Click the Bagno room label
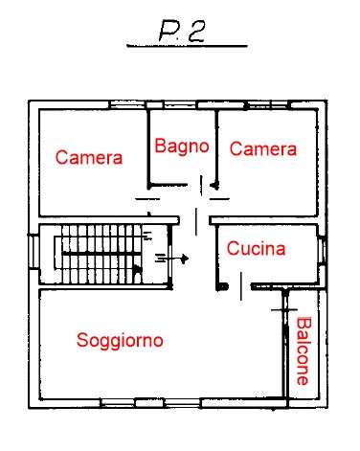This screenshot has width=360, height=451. coord(182,147)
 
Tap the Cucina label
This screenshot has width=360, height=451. coord(256,248)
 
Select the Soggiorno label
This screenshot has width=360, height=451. coord(120,341)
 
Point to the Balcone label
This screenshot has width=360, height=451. coord(304,350)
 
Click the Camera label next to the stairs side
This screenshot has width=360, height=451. coord(89,157)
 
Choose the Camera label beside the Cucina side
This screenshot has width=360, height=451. coord(263,148)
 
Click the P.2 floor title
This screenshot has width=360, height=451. coord(182,31)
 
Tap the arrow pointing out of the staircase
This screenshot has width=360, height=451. coord(171,259)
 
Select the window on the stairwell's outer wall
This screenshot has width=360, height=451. coord(34,252)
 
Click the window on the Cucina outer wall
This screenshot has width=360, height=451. coord(323,250)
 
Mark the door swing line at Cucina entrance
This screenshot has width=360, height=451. coord(241,286)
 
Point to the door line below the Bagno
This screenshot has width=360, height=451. coord(201,185)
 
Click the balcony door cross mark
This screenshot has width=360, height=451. coord(284,309)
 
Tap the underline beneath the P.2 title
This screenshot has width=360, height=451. coord(187,46)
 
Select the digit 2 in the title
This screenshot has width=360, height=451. coord(196,32)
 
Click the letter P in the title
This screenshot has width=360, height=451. coord(169,32)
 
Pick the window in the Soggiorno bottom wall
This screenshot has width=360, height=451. coord(150,403)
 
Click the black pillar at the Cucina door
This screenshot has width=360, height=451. coord(222,286)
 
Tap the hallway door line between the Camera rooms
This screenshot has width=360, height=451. coord(196,221)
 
